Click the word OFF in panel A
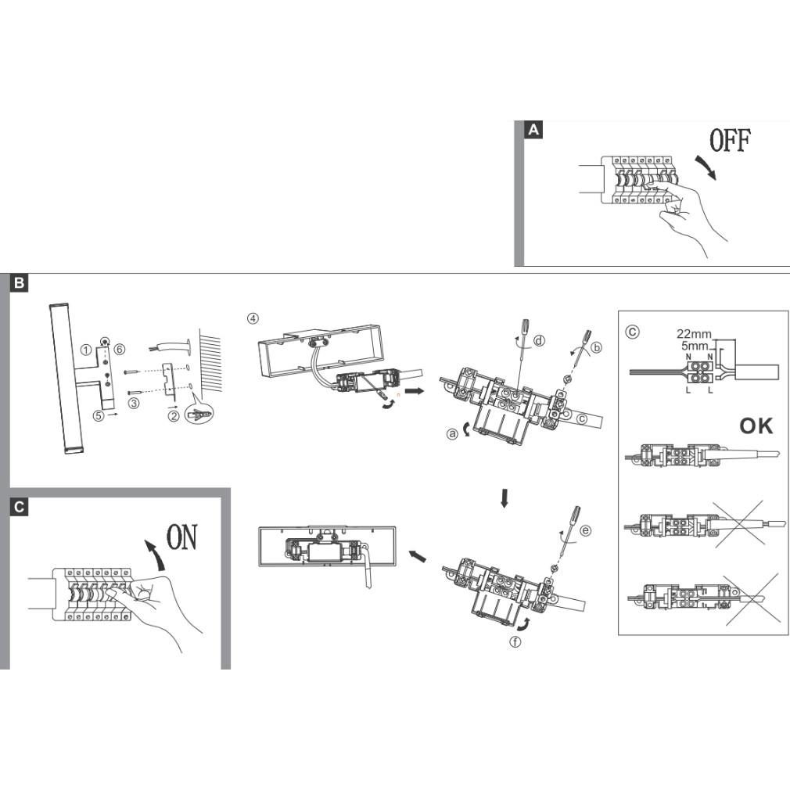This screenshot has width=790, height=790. (x=730, y=140)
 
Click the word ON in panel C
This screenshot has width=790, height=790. (x=182, y=537)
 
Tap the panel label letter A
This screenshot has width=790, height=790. (x=533, y=131)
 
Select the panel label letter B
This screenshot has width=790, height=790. (x=19, y=282)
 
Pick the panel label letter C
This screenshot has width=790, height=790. (x=19, y=506)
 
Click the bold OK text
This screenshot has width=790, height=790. (x=756, y=426)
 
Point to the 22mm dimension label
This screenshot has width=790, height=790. (x=694, y=333)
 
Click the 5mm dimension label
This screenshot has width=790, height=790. (x=695, y=347)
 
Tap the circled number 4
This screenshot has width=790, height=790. (x=253, y=318)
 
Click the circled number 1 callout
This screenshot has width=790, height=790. (x=86, y=350)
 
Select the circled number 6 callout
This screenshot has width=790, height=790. (x=119, y=349)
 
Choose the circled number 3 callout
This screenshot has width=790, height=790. (x=134, y=403)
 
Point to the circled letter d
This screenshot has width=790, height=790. (x=539, y=341)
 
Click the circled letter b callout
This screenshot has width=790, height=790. (x=597, y=347)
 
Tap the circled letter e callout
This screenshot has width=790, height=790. (x=585, y=530)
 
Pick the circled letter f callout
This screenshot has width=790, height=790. (x=515, y=642)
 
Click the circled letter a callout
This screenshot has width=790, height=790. (x=452, y=433)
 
